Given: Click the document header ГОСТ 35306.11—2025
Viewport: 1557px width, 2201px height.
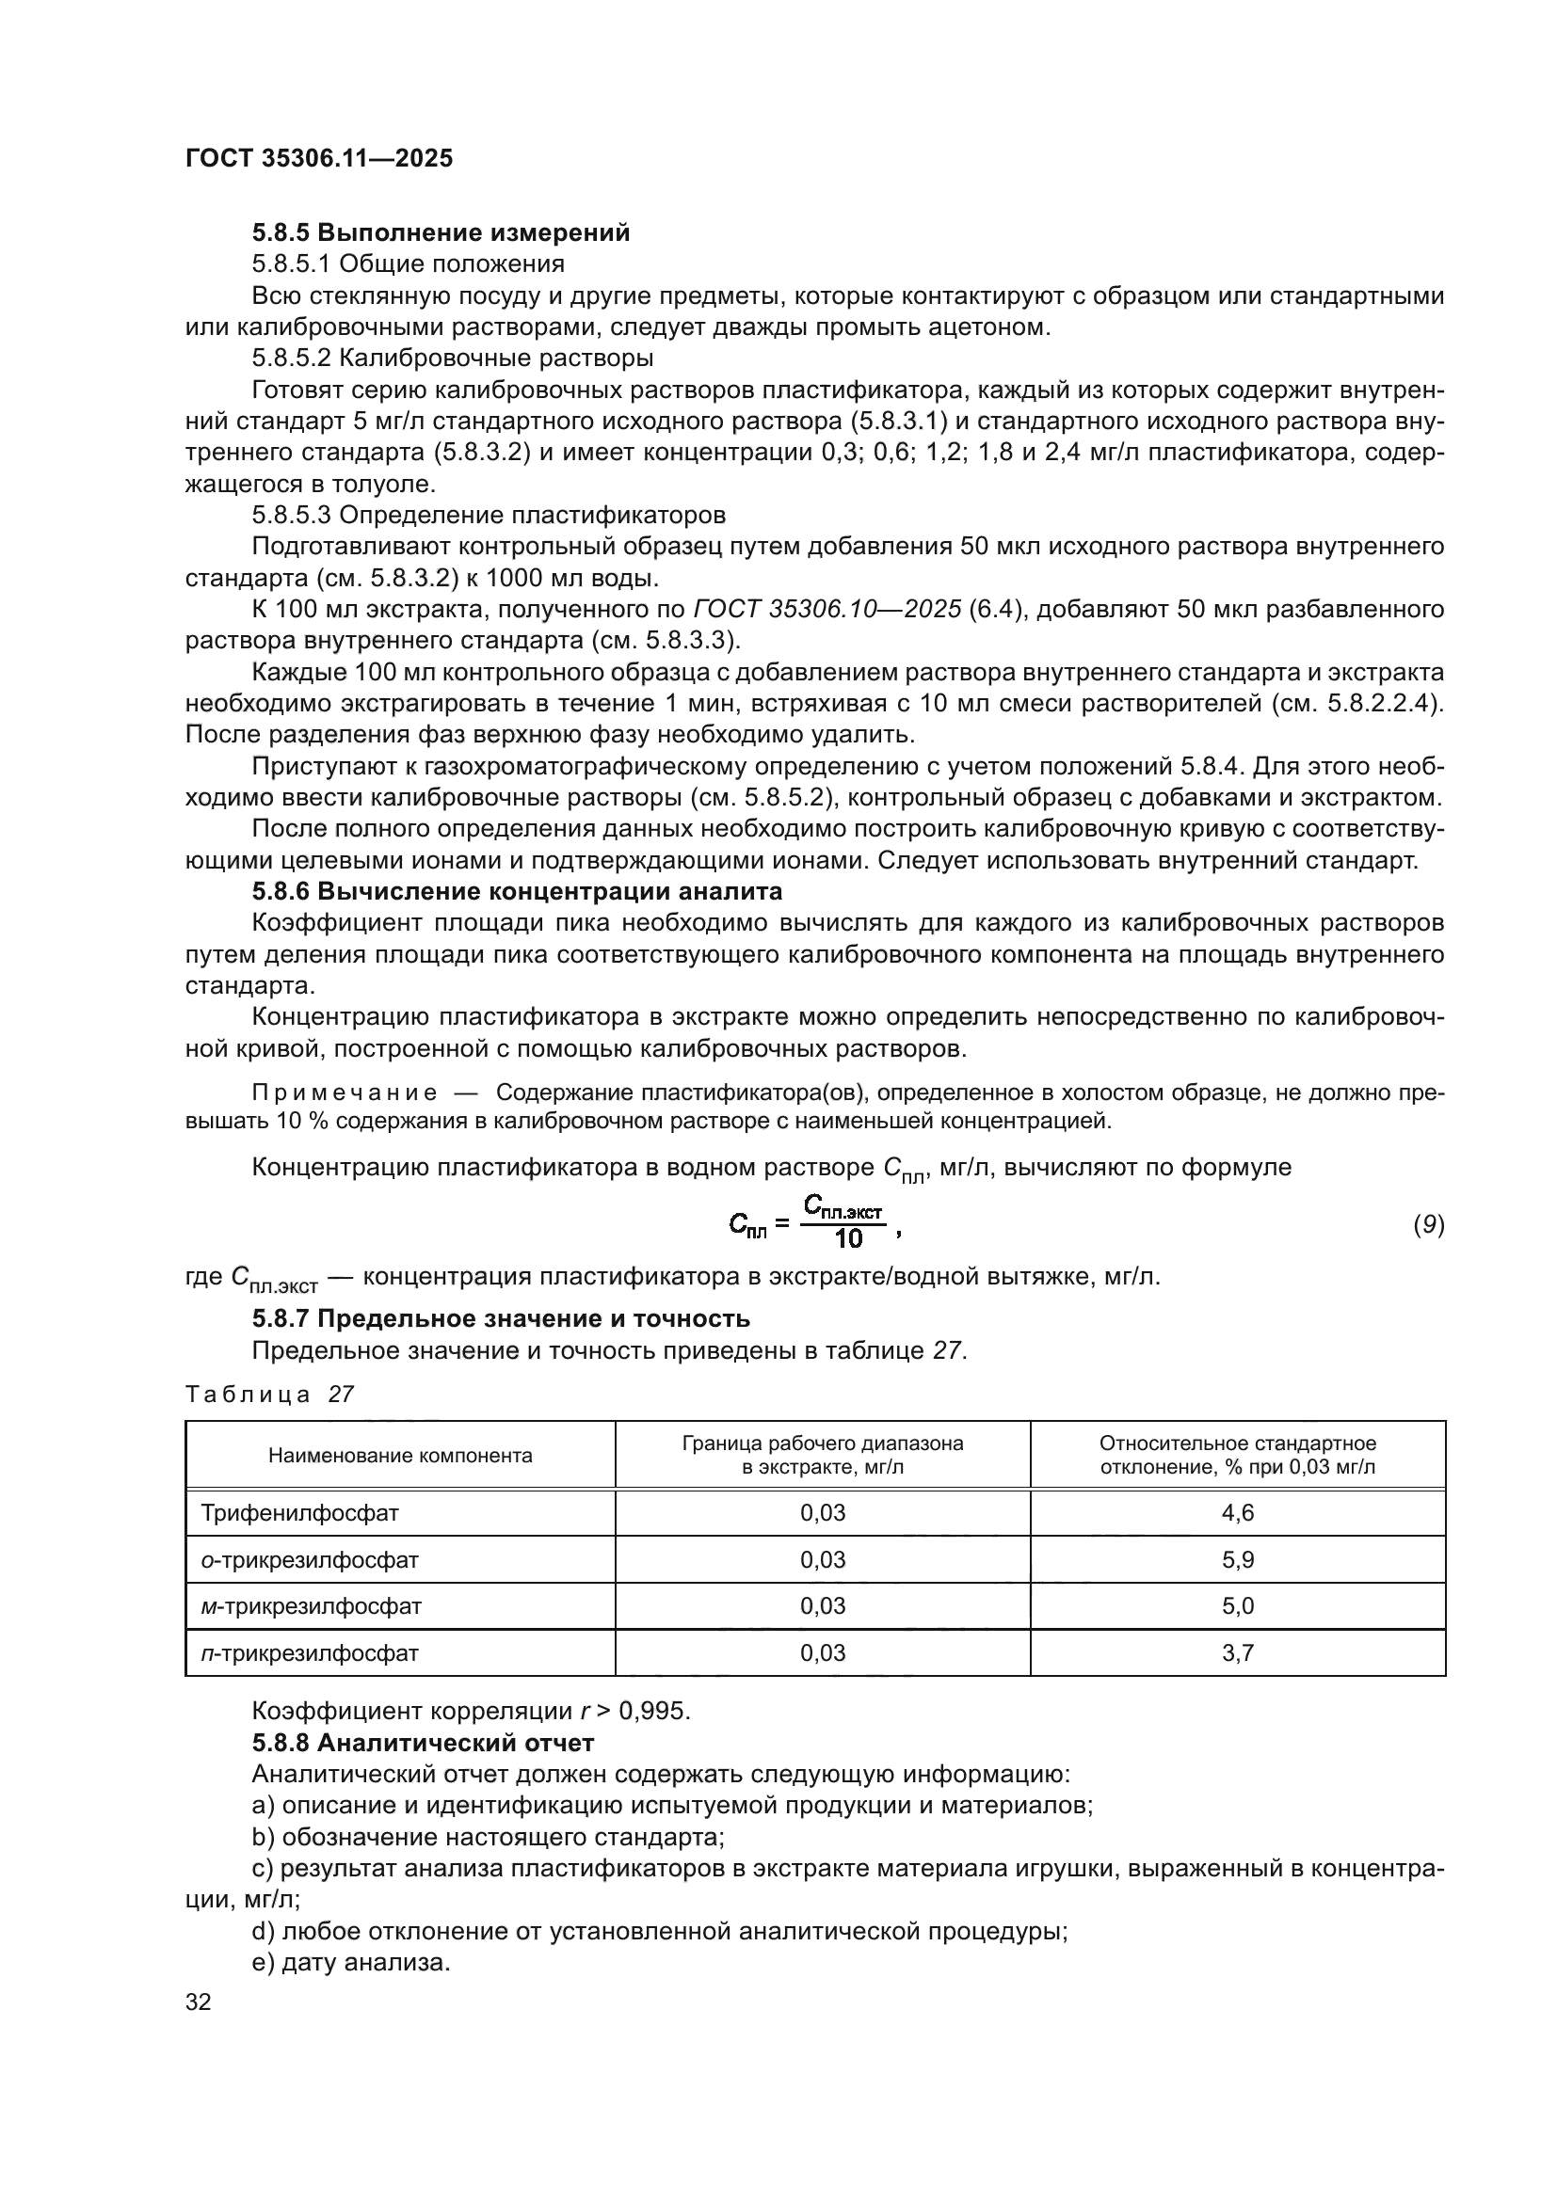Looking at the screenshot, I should pyautogui.click(x=318, y=159).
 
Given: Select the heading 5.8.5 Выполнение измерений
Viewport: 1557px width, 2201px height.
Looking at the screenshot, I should pyautogui.click(x=441, y=233).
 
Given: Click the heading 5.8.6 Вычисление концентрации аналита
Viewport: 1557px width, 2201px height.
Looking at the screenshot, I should pyautogui.click(x=517, y=891).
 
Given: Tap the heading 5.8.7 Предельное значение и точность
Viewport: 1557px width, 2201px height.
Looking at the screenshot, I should pyautogui.click(x=501, y=1319).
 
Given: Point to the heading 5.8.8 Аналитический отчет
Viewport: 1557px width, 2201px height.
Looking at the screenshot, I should pyautogui.click(x=423, y=1743).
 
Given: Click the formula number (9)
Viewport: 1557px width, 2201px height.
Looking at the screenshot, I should pyautogui.click(x=1429, y=1224).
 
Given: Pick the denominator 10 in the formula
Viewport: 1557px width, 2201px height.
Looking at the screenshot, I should pyautogui.click(x=848, y=1239).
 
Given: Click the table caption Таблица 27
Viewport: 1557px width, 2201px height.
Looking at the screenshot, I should pyautogui.click(x=269, y=1395).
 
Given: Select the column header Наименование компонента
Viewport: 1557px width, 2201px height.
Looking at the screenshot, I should pyautogui.click(x=400, y=1456).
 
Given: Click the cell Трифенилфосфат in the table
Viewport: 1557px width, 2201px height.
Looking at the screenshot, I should pyautogui.click(x=299, y=1514).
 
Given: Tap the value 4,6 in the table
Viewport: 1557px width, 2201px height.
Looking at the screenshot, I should pyautogui.click(x=1238, y=1514).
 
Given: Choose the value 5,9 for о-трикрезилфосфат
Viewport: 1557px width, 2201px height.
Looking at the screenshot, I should pyautogui.click(x=1238, y=1559).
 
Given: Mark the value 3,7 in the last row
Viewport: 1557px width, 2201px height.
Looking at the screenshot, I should pyautogui.click(x=1238, y=1652).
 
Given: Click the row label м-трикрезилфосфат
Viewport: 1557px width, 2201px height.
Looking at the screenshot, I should pyautogui.click(x=311, y=1605).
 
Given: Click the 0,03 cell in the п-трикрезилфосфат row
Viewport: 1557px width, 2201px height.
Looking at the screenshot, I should pyautogui.click(x=823, y=1652).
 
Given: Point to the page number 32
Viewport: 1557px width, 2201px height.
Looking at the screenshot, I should pyautogui.click(x=199, y=2002).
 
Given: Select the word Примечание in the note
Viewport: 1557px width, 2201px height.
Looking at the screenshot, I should pyautogui.click(x=345, y=1093).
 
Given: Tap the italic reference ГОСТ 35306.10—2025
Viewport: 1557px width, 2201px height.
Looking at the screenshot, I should pyautogui.click(x=827, y=610).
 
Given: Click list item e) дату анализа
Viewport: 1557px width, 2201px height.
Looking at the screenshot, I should pyautogui.click(x=351, y=1962).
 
